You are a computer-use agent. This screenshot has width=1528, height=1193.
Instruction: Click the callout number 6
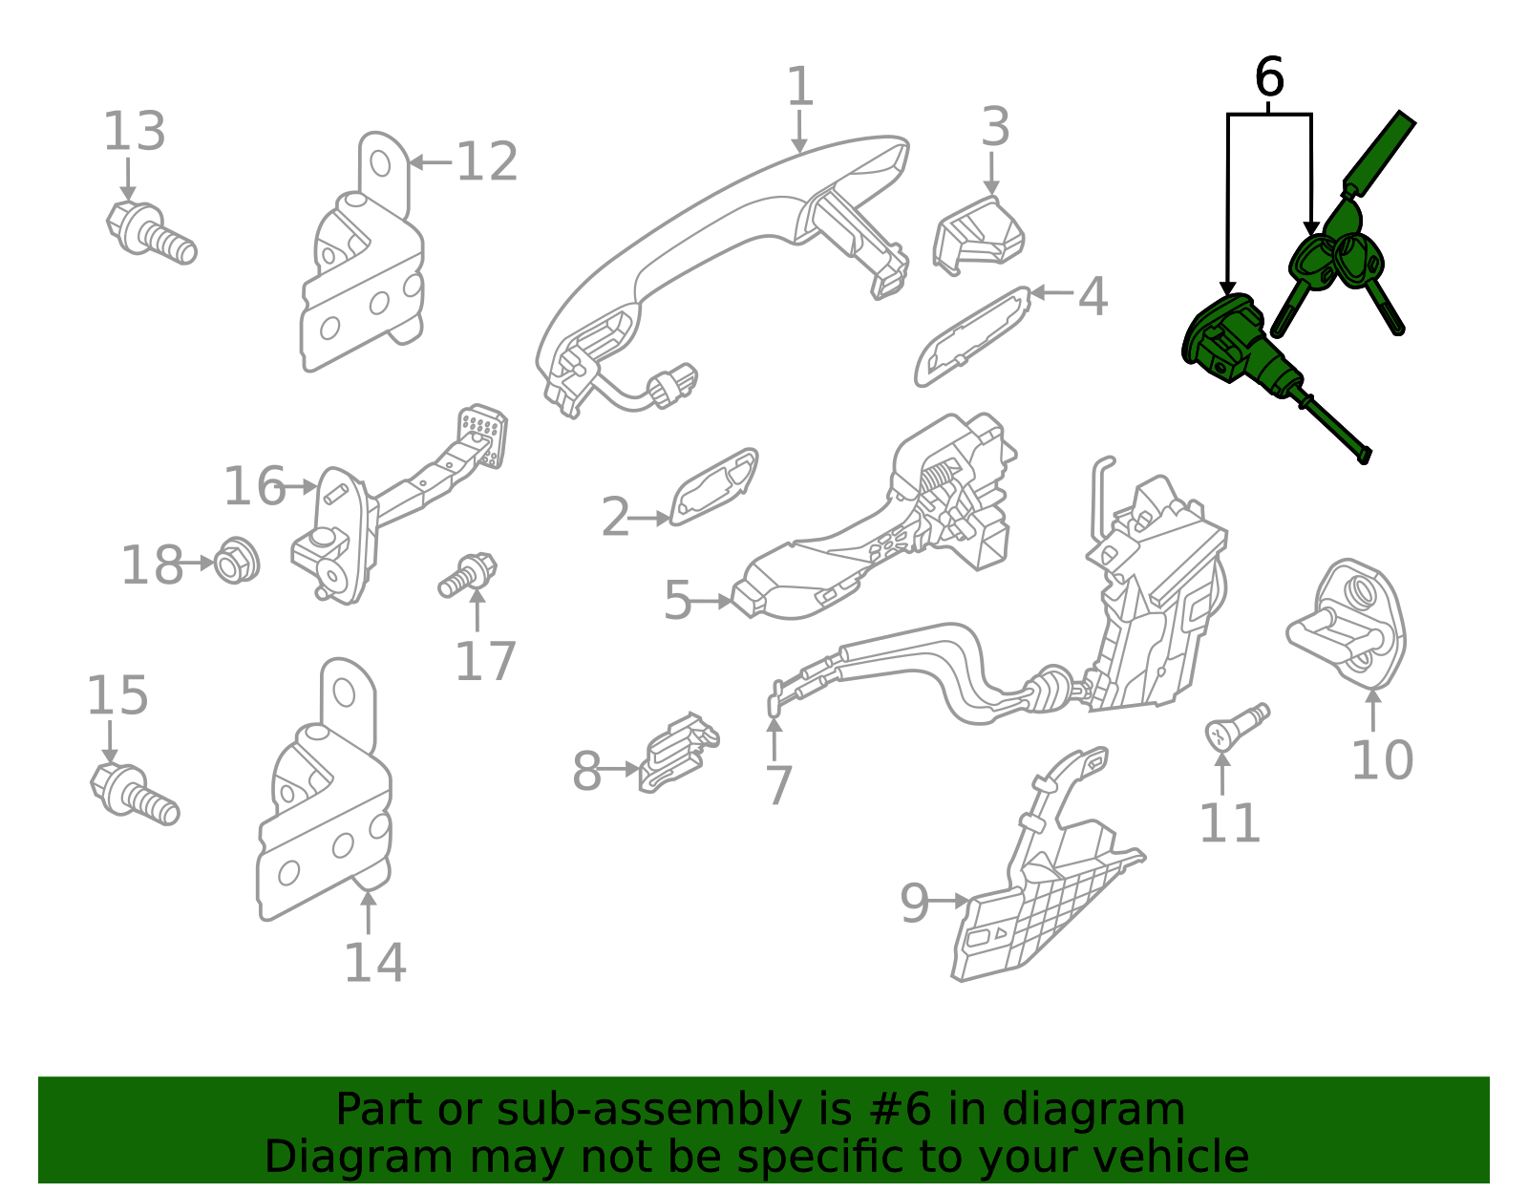click(x=1268, y=78)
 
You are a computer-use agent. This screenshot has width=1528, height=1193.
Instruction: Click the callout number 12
click(x=487, y=162)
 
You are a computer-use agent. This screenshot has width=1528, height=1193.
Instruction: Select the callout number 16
click(x=254, y=487)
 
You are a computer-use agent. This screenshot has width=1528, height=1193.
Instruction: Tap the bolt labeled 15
click(x=134, y=793)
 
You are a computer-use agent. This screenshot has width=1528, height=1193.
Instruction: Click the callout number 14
click(x=374, y=963)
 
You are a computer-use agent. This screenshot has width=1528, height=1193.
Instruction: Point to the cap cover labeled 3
click(x=979, y=235)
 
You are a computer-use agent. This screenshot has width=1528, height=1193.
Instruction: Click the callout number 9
click(x=914, y=903)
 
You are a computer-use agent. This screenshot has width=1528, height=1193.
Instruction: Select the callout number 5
click(x=677, y=602)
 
